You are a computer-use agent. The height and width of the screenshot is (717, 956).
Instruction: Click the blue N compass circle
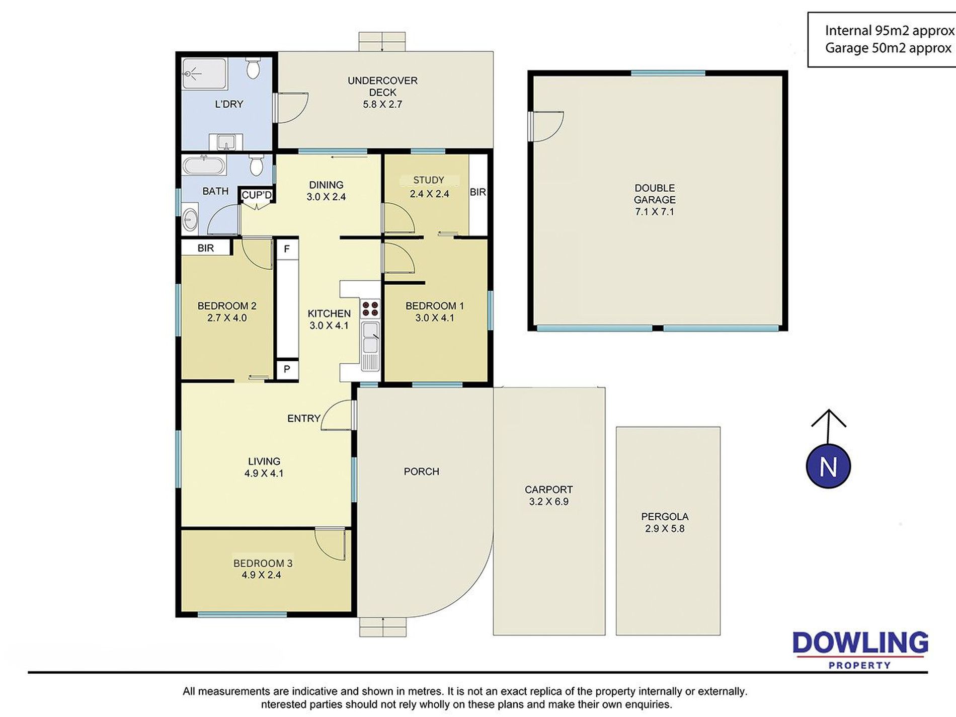pyautogui.click(x=828, y=466)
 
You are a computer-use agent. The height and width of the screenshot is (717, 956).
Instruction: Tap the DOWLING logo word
pyautogui.click(x=860, y=643)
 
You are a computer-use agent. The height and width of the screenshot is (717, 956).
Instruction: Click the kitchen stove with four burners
pyautogui.click(x=370, y=308)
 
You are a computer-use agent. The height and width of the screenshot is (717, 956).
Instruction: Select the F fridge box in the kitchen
pyautogui.click(x=287, y=249)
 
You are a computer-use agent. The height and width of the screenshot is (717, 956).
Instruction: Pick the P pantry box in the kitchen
pyautogui.click(x=287, y=369)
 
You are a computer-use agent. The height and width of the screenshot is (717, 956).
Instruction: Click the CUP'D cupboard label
pyautogui.click(x=257, y=195)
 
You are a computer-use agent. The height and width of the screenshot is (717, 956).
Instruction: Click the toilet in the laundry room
pyautogui.click(x=253, y=69)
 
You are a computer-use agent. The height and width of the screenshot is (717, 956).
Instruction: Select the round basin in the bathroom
pyautogui.click(x=190, y=219)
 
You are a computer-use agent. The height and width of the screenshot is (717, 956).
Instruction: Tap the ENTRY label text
pyautogui.click(x=304, y=418)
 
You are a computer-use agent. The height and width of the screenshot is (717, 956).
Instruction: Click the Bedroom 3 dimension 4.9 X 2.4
pyautogui.click(x=261, y=575)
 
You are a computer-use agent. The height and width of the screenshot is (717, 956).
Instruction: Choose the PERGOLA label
pyautogui.click(x=665, y=516)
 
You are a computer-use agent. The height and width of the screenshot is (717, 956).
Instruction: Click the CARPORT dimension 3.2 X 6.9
pyautogui.click(x=549, y=501)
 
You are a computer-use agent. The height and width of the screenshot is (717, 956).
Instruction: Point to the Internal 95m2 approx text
pyautogui.click(x=890, y=31)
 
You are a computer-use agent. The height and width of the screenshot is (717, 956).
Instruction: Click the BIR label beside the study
pyautogui.click(x=478, y=192)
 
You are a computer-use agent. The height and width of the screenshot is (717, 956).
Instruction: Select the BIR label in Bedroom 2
pyautogui.click(x=206, y=248)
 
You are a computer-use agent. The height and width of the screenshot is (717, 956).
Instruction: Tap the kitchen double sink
pyautogui.click(x=371, y=338)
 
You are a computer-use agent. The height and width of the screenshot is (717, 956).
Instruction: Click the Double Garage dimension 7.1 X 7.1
pyautogui.click(x=655, y=211)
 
